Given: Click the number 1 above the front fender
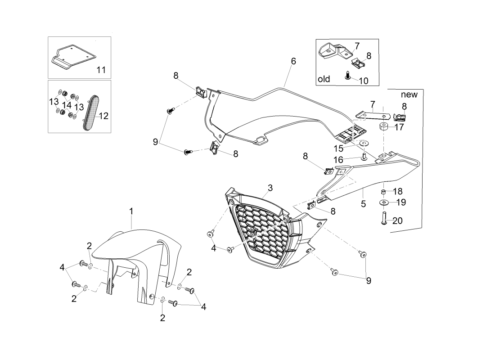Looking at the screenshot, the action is [131, 211].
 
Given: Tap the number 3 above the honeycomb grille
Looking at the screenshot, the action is [270, 188].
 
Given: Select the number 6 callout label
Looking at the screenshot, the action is [293, 61].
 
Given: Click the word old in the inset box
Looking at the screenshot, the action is [324, 79].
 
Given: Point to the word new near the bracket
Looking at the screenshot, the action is [409, 94].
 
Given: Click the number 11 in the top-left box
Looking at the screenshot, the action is [101, 69].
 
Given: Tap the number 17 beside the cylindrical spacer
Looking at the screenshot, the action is [399, 127].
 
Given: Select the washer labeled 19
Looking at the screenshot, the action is [384, 202].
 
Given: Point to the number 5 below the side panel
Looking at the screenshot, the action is [363, 204].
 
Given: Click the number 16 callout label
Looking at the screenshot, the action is [338, 160].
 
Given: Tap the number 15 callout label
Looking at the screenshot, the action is [338, 148].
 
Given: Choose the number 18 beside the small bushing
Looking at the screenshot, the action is [398, 191].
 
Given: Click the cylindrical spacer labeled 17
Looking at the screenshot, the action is [384, 127].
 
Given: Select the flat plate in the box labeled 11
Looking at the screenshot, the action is [73, 55].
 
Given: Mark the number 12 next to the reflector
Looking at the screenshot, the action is [103, 116].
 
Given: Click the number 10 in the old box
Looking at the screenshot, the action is [363, 81].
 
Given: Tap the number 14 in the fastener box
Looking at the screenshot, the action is [67, 105].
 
